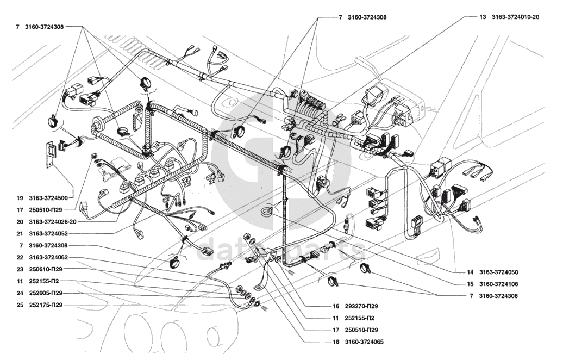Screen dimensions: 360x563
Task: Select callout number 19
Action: [19, 198]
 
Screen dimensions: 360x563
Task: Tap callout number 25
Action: [19, 305]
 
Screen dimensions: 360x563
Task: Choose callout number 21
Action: [19, 233]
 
